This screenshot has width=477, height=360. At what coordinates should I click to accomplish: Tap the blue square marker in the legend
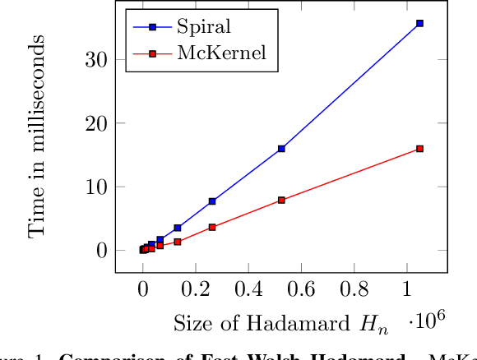click(x=153, y=26)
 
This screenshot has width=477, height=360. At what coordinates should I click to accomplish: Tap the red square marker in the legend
click(x=153, y=53)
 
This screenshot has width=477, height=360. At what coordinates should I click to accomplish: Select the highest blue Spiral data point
click(x=419, y=24)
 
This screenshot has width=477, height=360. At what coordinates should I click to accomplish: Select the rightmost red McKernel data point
click(x=419, y=149)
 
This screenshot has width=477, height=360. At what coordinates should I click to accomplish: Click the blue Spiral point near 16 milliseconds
click(x=281, y=149)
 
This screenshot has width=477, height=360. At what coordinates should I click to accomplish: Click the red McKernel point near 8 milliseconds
click(x=281, y=200)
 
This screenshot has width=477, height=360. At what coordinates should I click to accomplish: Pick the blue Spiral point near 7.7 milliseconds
click(x=212, y=201)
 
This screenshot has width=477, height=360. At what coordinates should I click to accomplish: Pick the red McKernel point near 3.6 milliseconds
click(x=212, y=227)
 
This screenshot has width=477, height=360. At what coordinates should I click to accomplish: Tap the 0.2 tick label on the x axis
click(x=196, y=290)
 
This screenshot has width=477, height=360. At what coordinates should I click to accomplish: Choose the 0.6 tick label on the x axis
click(x=301, y=290)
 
